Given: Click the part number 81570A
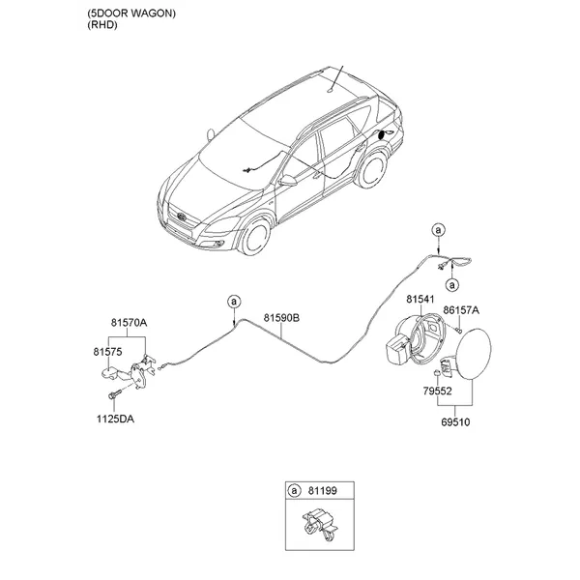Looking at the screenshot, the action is pyautogui.click(x=129, y=323).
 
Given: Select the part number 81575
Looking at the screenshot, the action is pyautogui.click(x=107, y=352).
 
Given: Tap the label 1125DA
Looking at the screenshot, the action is pyautogui.click(x=115, y=420).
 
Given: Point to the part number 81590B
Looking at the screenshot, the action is pyautogui.click(x=281, y=318).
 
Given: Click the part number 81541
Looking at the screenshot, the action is pyautogui.click(x=420, y=299).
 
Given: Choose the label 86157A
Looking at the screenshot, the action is pyautogui.click(x=461, y=310).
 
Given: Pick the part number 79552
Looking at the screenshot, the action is pyautogui.click(x=438, y=391).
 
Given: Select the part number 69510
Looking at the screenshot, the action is pyautogui.click(x=455, y=422).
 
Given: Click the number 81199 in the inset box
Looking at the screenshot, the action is pyautogui.click(x=323, y=491).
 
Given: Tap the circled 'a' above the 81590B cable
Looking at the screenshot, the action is pyautogui.click(x=234, y=302).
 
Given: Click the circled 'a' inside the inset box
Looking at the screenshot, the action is pyautogui.click(x=294, y=491).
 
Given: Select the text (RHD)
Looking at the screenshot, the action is pyautogui.click(x=102, y=25).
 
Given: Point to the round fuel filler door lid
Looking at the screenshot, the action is pyautogui.click(x=474, y=354).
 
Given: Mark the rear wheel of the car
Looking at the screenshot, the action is pyautogui.click(x=372, y=169).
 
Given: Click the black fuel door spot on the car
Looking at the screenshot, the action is pyautogui.click(x=381, y=135).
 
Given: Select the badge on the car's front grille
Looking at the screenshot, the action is pyautogui.click(x=182, y=217).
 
